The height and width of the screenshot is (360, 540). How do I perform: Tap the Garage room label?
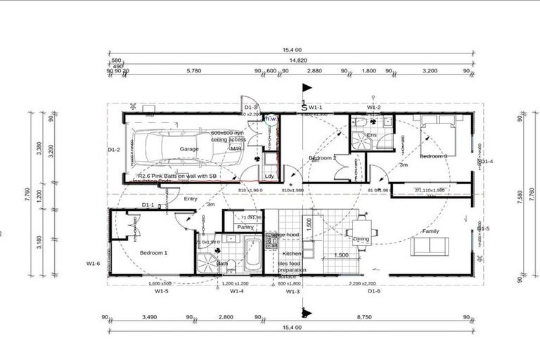point(188,149)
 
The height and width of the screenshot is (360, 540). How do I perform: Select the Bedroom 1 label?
point(154,252)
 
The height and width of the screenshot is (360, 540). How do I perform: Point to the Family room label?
point(430,231)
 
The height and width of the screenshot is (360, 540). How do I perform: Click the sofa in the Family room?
point(429,246)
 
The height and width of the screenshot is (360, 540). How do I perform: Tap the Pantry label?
point(245,227)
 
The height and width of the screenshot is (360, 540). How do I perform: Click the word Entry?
point(191,199)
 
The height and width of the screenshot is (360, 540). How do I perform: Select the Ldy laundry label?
point(269,176)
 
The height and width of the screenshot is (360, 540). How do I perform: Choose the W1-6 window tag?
point(94,264)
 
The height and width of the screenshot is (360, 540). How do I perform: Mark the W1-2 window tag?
point(373,108)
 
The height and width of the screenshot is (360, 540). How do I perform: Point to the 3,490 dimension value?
point(149,318)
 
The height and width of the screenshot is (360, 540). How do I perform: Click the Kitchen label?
point(292,252)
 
